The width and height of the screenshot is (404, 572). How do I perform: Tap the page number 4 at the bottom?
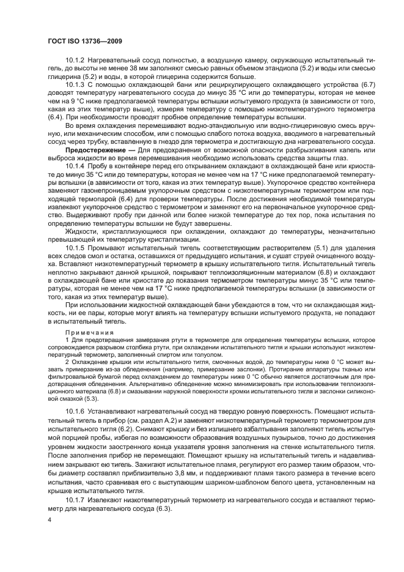[48, 540]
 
